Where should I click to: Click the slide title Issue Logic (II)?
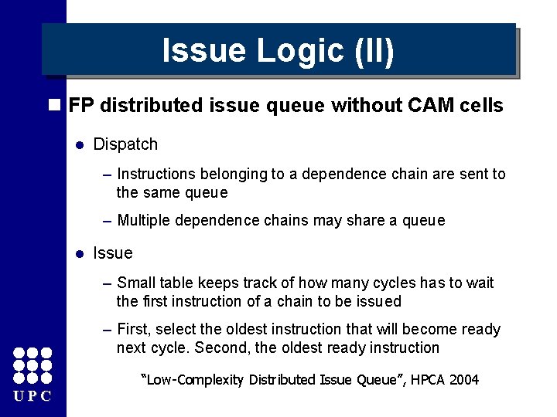pos(278,51)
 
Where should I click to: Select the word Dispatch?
pos(125,144)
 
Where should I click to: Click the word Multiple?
pos(145,221)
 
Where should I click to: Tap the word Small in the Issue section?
pos(136,283)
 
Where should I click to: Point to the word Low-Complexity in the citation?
pos(183,380)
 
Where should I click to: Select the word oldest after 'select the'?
pos(227,330)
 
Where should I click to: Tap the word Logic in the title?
pos(302,51)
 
